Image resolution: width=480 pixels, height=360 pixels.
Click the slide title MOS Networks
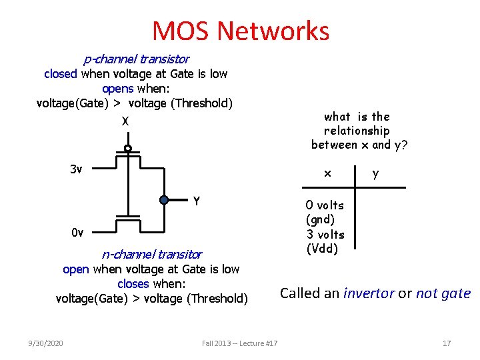(241, 31)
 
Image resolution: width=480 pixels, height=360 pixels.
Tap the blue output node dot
(164, 199)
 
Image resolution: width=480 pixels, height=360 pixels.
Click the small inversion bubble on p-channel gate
(127, 148)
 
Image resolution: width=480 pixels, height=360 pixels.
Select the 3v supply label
(76, 169)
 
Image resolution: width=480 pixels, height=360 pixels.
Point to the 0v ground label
(77, 233)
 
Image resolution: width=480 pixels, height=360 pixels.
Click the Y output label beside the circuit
(197, 201)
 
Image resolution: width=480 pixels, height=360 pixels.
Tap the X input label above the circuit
(125, 121)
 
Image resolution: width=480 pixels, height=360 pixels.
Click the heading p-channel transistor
(136, 59)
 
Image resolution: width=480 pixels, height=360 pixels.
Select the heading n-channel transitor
(151, 254)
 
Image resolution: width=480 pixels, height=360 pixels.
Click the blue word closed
(61, 74)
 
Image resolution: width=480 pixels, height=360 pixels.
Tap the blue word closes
(133, 284)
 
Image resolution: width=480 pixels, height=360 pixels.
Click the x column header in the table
(327, 173)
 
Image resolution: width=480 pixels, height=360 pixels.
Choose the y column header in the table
(376, 174)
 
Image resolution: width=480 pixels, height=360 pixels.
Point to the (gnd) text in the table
(320, 219)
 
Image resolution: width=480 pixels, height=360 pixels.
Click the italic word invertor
(369, 293)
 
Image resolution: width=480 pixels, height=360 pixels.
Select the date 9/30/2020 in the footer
(46, 343)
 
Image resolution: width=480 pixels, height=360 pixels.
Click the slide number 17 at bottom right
(447, 343)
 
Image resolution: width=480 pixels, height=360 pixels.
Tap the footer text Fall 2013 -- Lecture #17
(240, 343)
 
